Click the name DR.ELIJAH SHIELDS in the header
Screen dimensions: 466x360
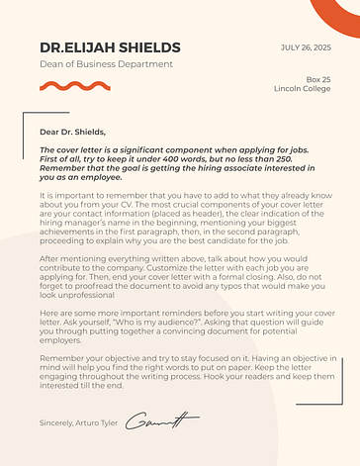point(110,47)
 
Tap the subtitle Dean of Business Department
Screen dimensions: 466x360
point(107,64)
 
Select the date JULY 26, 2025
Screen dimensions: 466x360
point(307,47)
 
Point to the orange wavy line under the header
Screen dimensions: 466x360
point(68,86)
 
